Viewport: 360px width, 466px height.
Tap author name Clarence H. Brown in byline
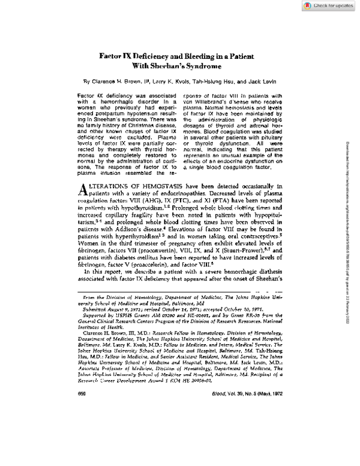tap(119, 80)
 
